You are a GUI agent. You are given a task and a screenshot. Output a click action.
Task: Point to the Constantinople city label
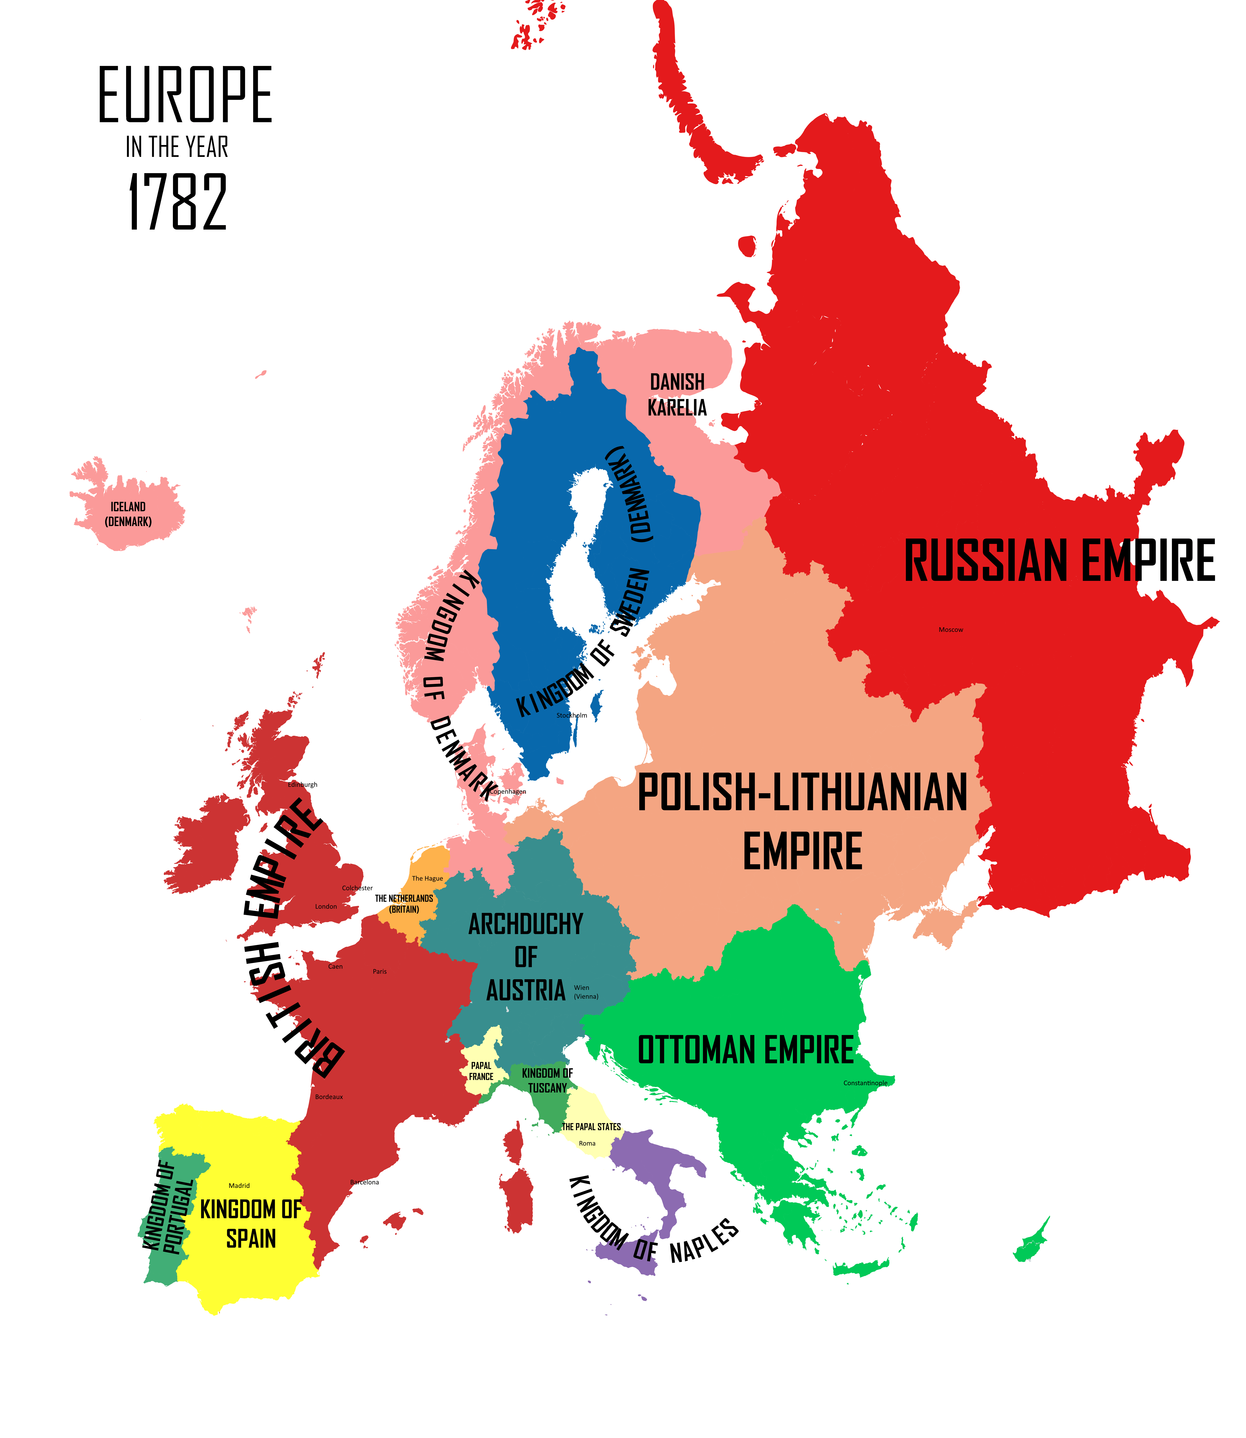865,1083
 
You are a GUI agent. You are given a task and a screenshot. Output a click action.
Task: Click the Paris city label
380,971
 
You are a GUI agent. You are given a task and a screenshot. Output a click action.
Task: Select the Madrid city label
239,1186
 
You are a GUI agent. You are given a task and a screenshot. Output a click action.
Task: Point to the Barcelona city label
364,1182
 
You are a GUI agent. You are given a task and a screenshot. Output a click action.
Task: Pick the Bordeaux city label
329,1097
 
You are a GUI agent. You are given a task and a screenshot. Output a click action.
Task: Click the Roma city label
587,1143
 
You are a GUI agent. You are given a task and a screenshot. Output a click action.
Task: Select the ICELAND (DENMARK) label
128,514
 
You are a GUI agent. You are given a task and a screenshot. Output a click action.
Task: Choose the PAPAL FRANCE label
481,1071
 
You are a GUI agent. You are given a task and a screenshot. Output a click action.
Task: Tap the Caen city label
335,967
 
